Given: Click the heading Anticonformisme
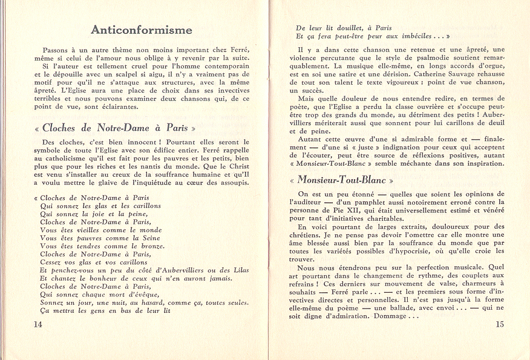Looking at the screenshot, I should pyautogui.click(x=141, y=30).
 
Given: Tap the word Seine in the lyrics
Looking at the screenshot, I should pyautogui.click(x=147, y=238).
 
